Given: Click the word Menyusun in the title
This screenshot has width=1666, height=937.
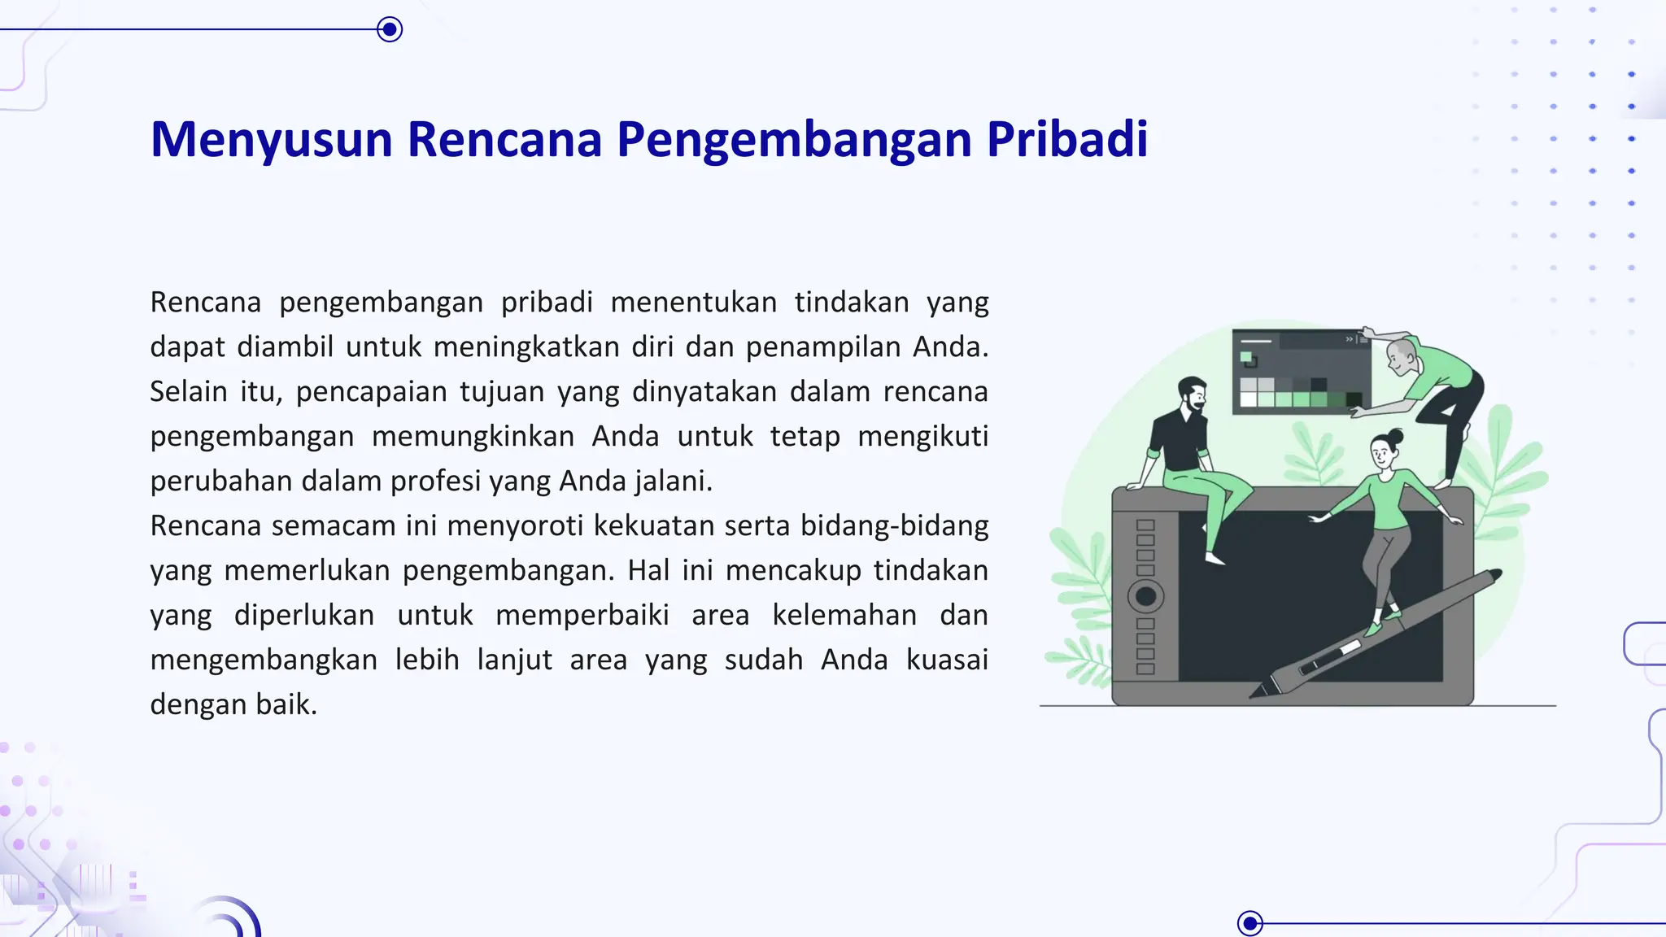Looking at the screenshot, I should click(x=272, y=140).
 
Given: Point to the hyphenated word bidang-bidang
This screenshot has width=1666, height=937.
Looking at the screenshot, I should click(x=894, y=525).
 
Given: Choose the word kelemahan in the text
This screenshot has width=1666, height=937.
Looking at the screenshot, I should click(x=844, y=615).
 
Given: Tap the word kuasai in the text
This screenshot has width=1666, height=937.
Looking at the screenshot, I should click(x=947, y=659).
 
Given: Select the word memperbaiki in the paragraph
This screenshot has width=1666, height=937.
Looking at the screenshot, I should click(x=582, y=615).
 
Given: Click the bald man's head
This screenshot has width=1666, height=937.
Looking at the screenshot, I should click(x=1401, y=354).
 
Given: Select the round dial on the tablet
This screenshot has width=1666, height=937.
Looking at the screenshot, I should click(x=1145, y=596).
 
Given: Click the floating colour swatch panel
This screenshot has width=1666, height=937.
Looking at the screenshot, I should click(x=1300, y=372).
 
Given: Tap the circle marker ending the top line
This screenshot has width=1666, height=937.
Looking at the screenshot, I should click(x=390, y=30).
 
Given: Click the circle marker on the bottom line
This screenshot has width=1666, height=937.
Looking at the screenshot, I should click(x=1249, y=923).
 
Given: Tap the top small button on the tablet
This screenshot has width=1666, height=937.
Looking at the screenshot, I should click(x=1145, y=525).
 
